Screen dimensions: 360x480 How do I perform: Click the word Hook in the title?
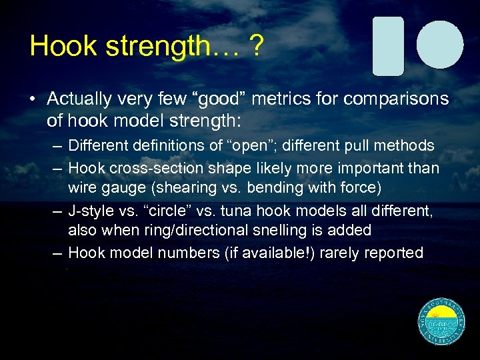[x=59, y=46]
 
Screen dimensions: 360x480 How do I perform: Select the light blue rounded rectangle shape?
[x=388, y=46]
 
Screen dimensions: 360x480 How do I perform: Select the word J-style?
[x=93, y=210]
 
